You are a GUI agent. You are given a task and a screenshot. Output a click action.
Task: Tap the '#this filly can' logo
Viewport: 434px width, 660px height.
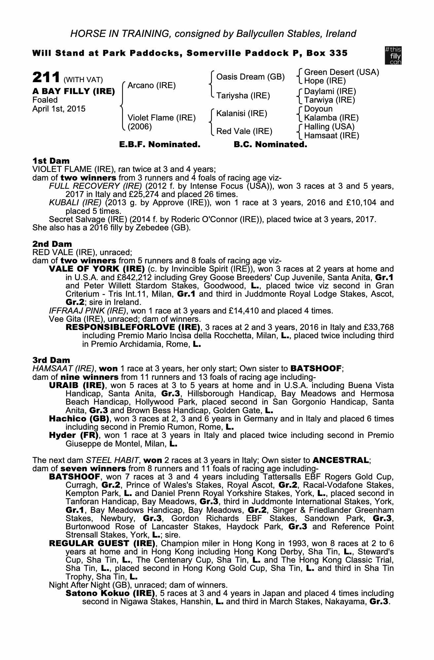393,55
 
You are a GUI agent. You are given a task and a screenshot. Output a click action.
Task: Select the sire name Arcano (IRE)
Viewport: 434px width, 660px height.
151,85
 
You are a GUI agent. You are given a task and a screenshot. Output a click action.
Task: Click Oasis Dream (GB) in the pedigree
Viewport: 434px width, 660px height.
250,77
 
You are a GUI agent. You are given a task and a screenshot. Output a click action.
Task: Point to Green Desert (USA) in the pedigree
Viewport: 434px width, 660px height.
341,72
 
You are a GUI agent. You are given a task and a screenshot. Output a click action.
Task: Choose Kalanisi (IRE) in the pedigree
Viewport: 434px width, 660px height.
241,114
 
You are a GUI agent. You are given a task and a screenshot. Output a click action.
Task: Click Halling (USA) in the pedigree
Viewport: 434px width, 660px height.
329,127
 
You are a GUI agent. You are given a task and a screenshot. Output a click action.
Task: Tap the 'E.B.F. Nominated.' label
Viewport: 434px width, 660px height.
160,145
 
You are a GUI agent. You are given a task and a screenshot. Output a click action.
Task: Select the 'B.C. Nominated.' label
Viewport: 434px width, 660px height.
270,145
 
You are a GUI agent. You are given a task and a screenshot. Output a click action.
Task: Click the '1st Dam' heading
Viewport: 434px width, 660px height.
51,161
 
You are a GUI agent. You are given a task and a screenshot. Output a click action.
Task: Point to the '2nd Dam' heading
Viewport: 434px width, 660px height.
52,244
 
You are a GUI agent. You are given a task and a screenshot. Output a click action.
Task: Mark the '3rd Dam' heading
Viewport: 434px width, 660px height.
51,360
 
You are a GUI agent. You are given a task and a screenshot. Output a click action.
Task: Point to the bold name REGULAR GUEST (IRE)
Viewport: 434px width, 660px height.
102,543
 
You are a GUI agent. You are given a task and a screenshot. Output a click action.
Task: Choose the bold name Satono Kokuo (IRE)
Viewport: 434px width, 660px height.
110,593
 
